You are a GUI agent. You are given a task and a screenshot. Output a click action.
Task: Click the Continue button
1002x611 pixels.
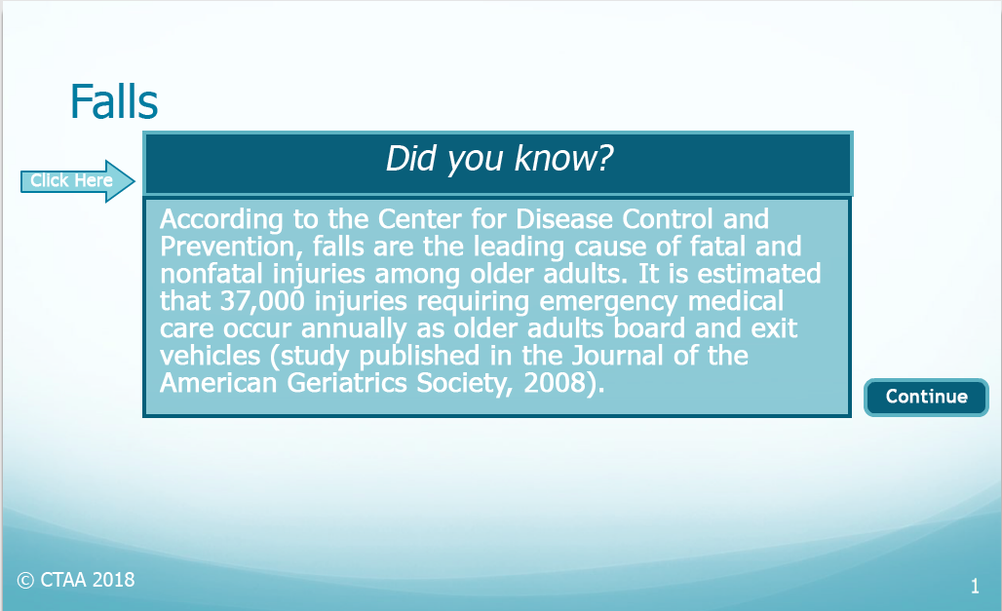(x=926, y=398)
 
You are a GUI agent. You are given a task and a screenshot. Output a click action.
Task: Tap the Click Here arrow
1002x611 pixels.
(x=78, y=181)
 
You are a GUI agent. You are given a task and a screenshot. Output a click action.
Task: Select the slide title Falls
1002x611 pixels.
(x=114, y=101)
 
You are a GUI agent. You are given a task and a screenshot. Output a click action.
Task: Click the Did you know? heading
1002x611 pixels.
(x=499, y=159)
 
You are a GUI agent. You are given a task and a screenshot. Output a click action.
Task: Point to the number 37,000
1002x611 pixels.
(x=262, y=301)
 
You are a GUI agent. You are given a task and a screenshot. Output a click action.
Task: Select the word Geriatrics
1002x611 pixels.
(x=346, y=384)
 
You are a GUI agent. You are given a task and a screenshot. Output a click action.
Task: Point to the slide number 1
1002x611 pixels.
(x=975, y=586)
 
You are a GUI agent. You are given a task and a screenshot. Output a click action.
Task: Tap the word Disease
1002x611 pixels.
(x=564, y=219)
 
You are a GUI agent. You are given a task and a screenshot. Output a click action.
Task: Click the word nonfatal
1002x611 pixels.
(x=211, y=274)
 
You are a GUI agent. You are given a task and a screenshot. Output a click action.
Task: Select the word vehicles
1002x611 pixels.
(x=211, y=356)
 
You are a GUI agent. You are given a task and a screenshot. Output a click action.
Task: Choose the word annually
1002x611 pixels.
(x=354, y=329)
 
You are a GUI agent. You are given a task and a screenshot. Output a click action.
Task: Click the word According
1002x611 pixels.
(x=221, y=219)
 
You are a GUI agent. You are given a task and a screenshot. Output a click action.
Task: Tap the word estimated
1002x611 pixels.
(x=758, y=274)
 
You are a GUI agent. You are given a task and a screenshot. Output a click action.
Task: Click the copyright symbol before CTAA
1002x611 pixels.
(x=25, y=581)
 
